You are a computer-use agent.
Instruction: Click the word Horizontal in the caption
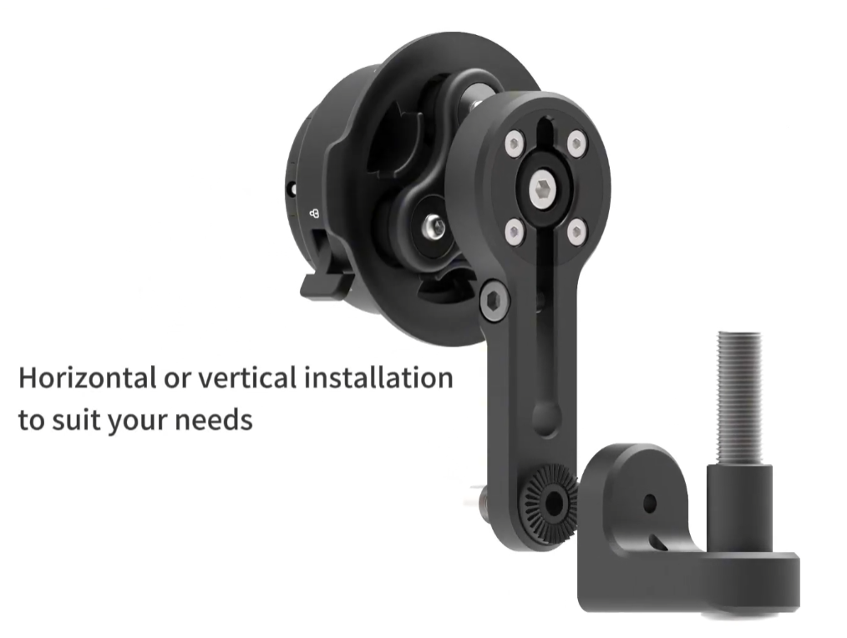pos(87,377)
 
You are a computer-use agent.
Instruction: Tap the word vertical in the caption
pos(247,377)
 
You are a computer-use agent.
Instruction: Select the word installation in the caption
pos(378,377)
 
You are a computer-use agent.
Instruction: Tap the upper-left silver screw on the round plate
pos(515,144)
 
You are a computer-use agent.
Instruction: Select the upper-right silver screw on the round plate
pos(577,144)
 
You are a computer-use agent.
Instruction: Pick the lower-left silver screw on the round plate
pos(515,233)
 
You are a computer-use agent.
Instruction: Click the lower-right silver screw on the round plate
pos(577,233)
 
